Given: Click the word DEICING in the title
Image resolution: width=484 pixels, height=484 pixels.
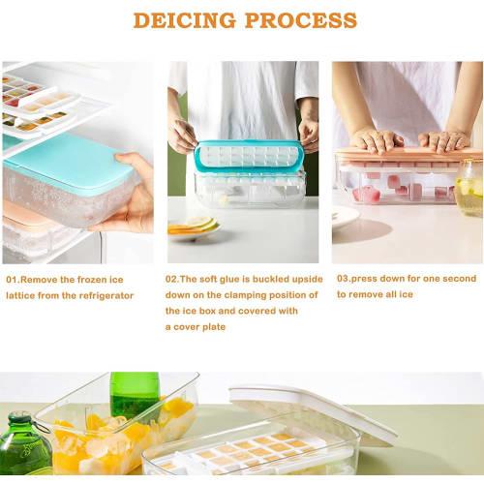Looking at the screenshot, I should point(188,20).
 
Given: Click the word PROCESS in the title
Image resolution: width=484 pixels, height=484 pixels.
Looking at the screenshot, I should point(303,20).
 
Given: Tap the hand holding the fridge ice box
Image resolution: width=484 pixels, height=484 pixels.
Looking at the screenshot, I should point(136,198).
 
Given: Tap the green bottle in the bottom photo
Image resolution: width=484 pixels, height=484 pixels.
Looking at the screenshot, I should point(134,391).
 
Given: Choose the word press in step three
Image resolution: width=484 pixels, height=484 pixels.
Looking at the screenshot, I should point(369,279).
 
